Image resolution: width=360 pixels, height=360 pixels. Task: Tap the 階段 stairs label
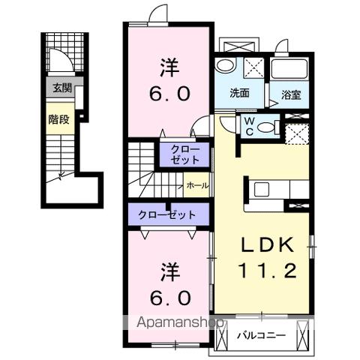tap(58, 118)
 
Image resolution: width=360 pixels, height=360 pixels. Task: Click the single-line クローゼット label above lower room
tap(166, 214)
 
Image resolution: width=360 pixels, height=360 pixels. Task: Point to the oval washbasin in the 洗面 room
tap(224, 67)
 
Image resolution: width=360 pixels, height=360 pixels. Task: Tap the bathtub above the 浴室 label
tap(290, 70)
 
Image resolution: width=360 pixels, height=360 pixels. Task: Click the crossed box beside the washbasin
tap(253, 66)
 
